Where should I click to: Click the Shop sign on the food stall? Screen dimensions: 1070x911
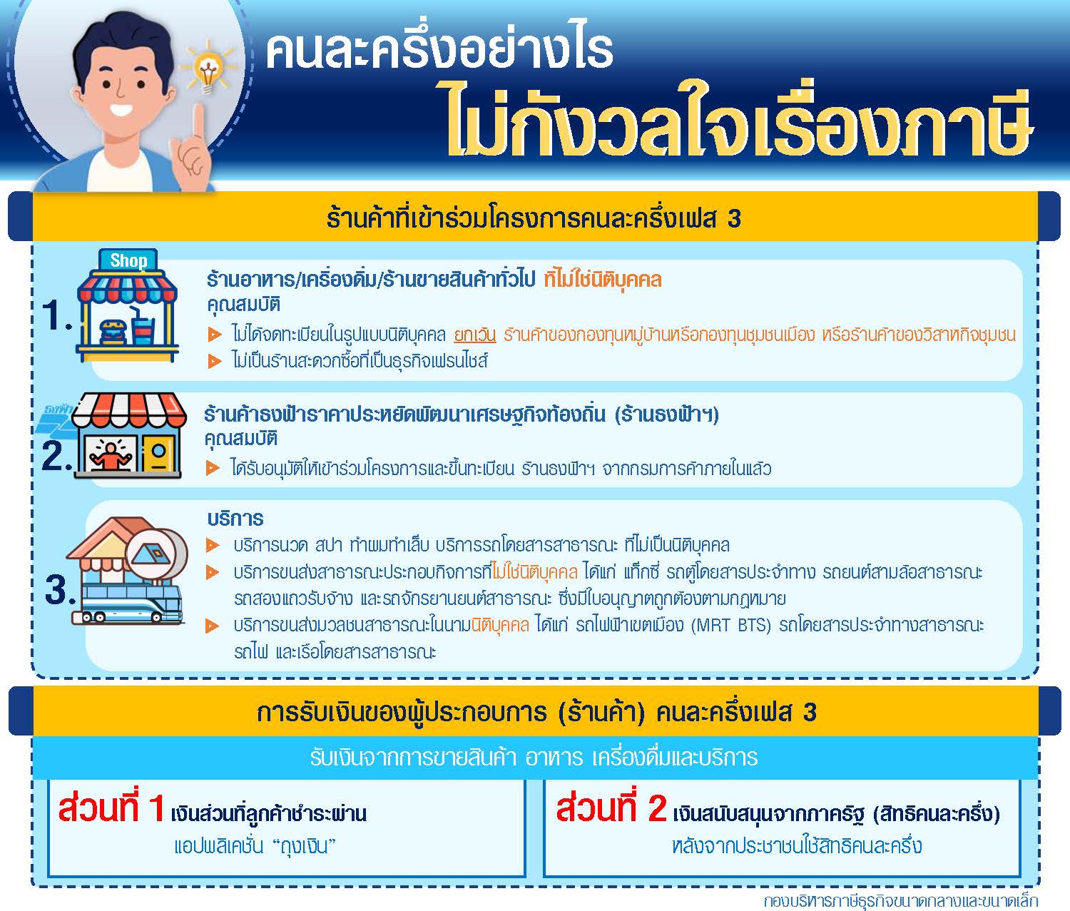coord(128,260)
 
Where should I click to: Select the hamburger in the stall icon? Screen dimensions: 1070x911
coord(113,332)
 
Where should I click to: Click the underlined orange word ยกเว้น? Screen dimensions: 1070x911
coord(474,335)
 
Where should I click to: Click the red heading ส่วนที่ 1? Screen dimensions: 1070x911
coord(111,808)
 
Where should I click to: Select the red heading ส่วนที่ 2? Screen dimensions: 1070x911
coord(611,808)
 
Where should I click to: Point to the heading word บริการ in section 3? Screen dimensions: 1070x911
coord(235,519)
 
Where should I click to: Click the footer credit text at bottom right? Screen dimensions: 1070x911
coord(901,901)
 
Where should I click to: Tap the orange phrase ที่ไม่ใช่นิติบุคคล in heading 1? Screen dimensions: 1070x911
coord(603,280)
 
